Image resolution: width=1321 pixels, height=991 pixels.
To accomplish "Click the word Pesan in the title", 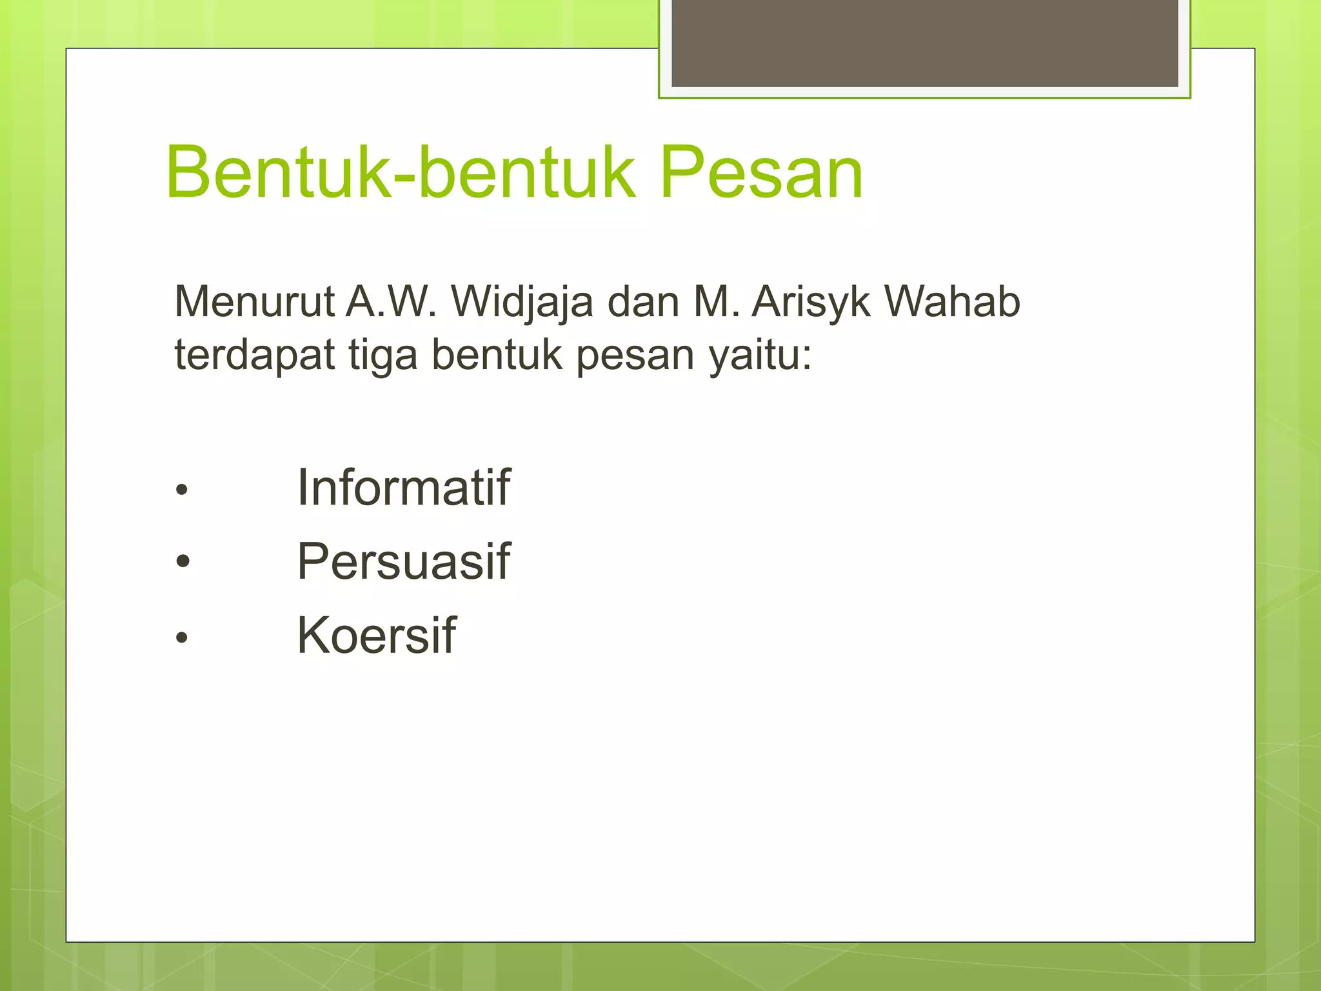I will click(x=761, y=172).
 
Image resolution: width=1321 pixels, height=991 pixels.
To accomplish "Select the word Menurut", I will click(x=255, y=301).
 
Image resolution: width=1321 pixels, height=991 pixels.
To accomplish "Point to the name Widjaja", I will click(x=522, y=303).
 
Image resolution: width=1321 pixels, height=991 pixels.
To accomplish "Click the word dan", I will click(x=643, y=301).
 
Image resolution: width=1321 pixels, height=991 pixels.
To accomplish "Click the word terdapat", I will click(x=255, y=355).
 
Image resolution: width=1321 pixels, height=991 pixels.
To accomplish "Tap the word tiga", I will click(x=383, y=355).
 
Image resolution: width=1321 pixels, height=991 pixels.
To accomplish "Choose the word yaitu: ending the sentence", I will click(x=760, y=355).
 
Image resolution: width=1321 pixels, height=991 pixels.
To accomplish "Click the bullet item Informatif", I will click(x=404, y=488).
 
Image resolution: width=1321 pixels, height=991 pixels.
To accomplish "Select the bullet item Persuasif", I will click(x=404, y=561).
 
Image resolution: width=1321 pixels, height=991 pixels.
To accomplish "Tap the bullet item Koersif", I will click(x=377, y=636).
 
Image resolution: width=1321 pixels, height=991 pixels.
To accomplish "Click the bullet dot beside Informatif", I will click(x=182, y=490).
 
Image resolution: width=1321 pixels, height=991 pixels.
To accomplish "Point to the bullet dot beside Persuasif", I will click(x=183, y=561).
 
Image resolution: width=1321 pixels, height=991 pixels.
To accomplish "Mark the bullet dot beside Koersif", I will click(x=182, y=637).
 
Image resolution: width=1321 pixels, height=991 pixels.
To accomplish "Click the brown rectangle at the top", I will click(x=924, y=43).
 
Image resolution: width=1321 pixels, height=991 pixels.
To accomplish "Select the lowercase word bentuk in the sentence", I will click(x=497, y=355).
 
